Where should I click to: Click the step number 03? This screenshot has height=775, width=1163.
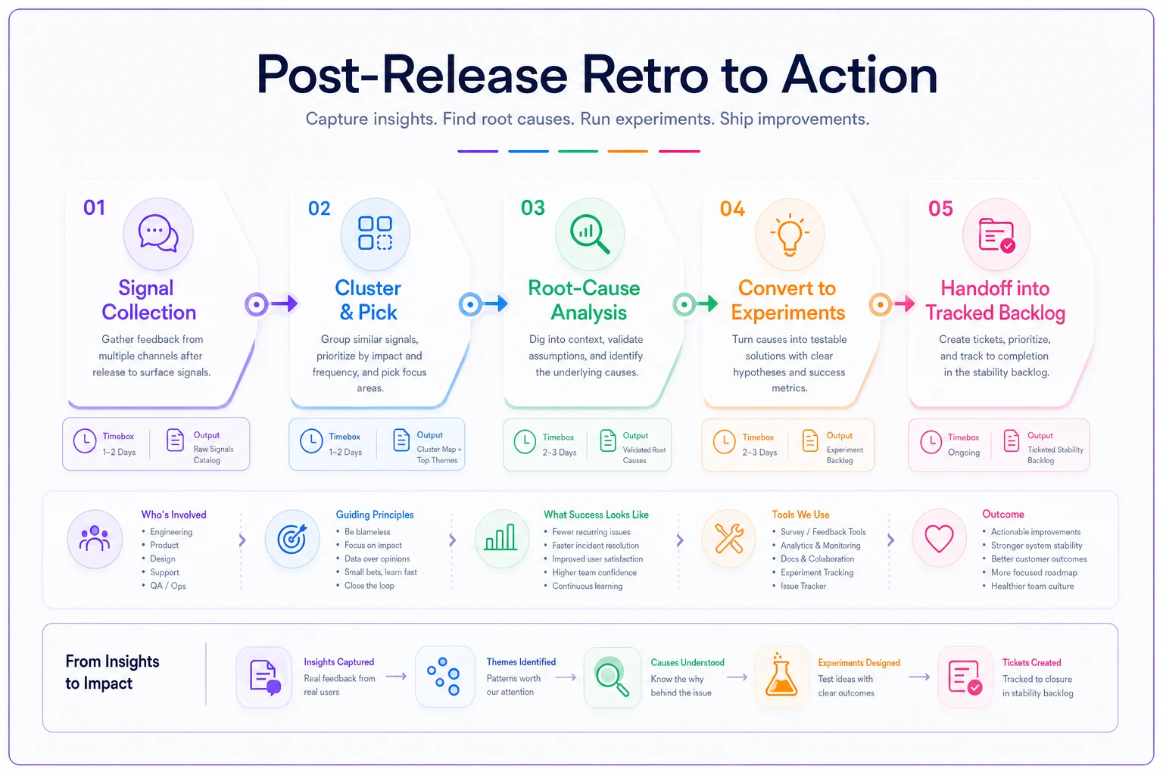coord(533,207)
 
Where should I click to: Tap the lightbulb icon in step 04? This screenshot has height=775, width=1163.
coord(790,235)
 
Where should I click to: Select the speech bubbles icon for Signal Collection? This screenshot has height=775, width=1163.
coord(158,234)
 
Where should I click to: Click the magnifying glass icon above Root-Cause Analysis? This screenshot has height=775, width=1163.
coord(590,234)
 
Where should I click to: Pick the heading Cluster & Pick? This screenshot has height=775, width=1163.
coord(368,300)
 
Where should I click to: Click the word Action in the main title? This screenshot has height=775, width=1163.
coord(860,75)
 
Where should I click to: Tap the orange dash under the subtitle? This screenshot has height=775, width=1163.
coord(628,151)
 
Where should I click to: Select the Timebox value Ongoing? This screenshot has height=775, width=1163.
coord(964,452)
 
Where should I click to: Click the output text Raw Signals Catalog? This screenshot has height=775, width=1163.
coord(214,454)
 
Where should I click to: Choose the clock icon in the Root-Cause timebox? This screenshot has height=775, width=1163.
coord(525,442)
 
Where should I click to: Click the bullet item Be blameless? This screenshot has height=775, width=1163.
coord(367,531)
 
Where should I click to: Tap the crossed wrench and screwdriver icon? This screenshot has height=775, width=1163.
coord(729,538)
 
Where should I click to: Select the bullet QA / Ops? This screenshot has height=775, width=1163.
coord(167,586)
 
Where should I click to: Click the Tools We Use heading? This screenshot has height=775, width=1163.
coord(800,515)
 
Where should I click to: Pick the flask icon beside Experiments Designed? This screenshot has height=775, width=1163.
coord(781,675)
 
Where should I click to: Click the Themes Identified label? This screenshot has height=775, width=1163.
coord(521,661)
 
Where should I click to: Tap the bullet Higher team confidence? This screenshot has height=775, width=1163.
coord(594,572)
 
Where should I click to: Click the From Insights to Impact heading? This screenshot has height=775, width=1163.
coord(112,672)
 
